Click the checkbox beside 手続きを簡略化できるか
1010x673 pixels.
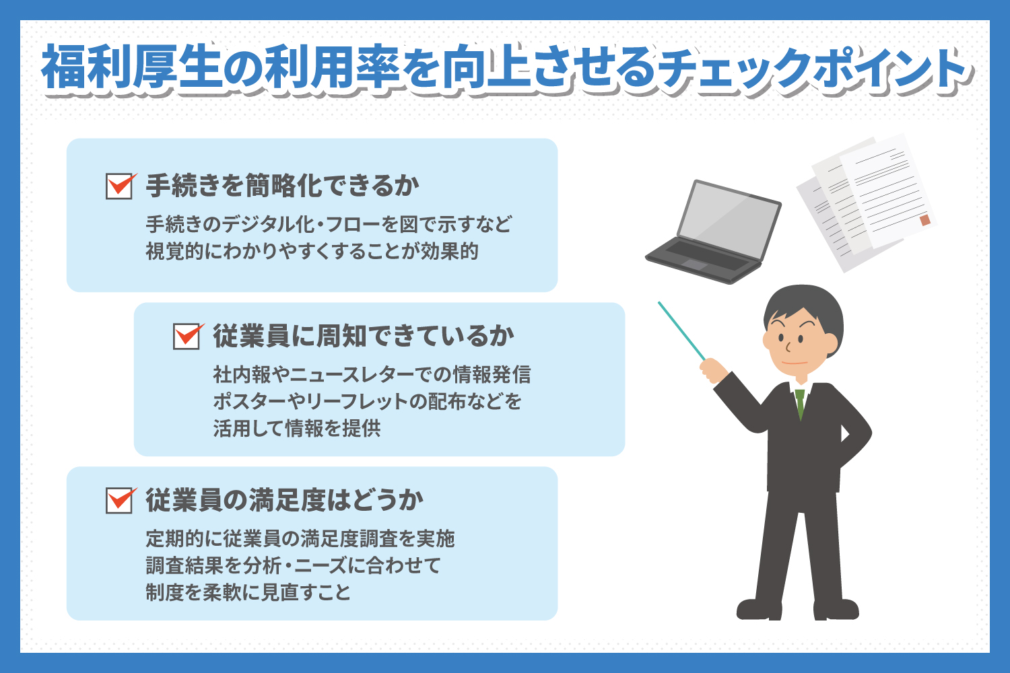pyautogui.click(x=119, y=186)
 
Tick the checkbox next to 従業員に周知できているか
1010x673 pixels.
pyautogui.click(x=187, y=336)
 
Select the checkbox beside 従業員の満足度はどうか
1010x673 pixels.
pyautogui.click(x=119, y=500)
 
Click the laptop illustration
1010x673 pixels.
pyautogui.click(x=714, y=232)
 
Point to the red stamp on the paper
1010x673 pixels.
pyautogui.click(x=924, y=220)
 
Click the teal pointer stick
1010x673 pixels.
pyautogui.click(x=681, y=331)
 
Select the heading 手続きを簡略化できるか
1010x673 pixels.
pyautogui.click(x=283, y=186)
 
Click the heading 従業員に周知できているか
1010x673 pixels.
pyautogui.click(x=364, y=336)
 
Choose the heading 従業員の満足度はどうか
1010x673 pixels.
pyautogui.click(x=285, y=500)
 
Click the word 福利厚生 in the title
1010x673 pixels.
pyautogui.click(x=133, y=67)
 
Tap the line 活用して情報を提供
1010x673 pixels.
pyautogui.click(x=297, y=428)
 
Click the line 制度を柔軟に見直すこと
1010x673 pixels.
pyautogui.click(x=248, y=592)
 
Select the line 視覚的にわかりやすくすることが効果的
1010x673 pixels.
pyautogui.click(x=312, y=251)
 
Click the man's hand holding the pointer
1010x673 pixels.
pyautogui.click(x=713, y=370)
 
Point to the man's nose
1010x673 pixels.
pyautogui.click(x=788, y=347)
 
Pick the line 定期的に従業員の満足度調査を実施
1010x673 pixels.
pyautogui.click(x=300, y=538)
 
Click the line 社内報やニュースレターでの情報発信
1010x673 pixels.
pyautogui.click(x=372, y=374)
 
